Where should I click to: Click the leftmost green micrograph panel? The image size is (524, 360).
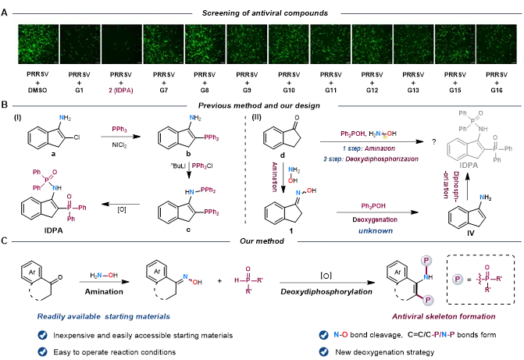pyautogui.click(x=37, y=43)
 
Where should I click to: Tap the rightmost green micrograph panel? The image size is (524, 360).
pyautogui.click(x=496, y=43)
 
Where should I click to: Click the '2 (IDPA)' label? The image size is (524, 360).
pyautogui.click(x=120, y=91)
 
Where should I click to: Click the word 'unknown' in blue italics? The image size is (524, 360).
pyautogui.click(x=375, y=231)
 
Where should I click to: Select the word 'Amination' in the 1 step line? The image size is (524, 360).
pyautogui.click(x=381, y=148)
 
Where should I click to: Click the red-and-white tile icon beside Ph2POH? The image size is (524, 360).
pyautogui.click(x=386, y=134)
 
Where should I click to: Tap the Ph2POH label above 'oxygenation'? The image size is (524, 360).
pyautogui.click(x=373, y=206)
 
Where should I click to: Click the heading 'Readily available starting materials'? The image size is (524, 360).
pyautogui.click(x=103, y=316)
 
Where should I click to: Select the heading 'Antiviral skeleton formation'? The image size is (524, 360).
pyautogui.click(x=443, y=316)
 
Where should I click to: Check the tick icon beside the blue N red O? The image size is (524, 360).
pyautogui.click(x=323, y=334)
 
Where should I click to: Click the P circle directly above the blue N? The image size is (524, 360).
pyautogui.click(x=426, y=260)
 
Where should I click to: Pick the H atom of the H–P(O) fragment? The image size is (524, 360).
pyautogui.click(x=237, y=278)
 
